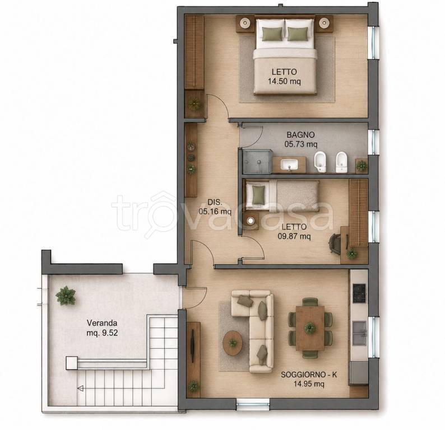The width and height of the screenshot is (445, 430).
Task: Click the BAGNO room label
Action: pyautogui.click(x=300, y=134)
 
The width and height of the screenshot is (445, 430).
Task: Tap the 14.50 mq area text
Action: pyautogui.click(x=284, y=81)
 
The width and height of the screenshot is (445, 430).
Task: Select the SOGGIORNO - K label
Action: pyautogui.click(x=309, y=375)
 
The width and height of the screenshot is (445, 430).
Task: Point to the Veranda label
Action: pyautogui.click(x=102, y=323)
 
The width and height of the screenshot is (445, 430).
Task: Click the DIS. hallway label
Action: pyautogui.click(x=215, y=202)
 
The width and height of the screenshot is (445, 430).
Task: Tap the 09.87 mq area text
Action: pyautogui.click(x=294, y=236)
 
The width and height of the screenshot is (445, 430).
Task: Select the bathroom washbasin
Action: pyautogui.click(x=289, y=164)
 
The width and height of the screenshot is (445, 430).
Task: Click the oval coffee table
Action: pyautogui.click(x=233, y=343)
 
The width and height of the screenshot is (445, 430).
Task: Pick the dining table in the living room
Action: pyautogui.click(x=310, y=328)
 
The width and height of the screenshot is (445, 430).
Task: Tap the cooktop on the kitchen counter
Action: pyautogui.click(x=360, y=293)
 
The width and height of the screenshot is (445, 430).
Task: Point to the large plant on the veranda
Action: pyautogui.click(x=66, y=296)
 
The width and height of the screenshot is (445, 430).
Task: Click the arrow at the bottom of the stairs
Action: pyautogui.click(x=80, y=389)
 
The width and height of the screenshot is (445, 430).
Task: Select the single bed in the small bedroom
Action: pyautogui.click(x=282, y=195)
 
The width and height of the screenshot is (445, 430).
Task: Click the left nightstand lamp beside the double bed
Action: pyautogui.click(x=244, y=22)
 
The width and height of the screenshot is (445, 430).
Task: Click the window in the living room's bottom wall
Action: pyautogui.click(x=253, y=404)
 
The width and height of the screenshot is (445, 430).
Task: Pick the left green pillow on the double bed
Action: pyautogui.click(x=272, y=34)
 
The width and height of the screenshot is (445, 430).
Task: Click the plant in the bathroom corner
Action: pyautogui.click(x=361, y=165)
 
